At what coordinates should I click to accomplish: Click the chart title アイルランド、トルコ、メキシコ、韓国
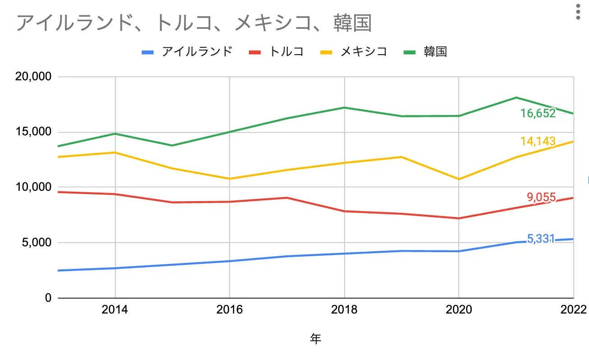click(x=194, y=23)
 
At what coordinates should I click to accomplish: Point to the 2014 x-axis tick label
click(x=115, y=310)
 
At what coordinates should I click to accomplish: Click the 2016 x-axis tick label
click(x=230, y=310)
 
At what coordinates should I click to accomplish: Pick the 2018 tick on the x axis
click(x=344, y=310)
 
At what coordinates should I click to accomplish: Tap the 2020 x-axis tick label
click(x=459, y=310)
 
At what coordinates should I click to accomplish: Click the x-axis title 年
click(x=316, y=339)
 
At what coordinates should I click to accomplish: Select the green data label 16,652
click(x=538, y=113)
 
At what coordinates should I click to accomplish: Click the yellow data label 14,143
click(x=538, y=142)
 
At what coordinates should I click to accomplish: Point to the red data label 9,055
click(x=541, y=197)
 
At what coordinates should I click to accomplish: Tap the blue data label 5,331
click(x=540, y=239)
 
